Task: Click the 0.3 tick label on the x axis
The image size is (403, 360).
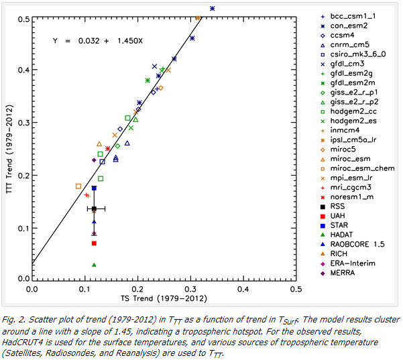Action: coord(190,290)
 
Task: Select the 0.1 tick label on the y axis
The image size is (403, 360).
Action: coord(22,229)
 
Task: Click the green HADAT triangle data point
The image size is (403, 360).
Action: coord(94,265)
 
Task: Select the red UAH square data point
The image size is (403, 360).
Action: coord(94,243)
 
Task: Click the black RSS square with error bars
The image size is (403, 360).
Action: coord(94,209)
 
